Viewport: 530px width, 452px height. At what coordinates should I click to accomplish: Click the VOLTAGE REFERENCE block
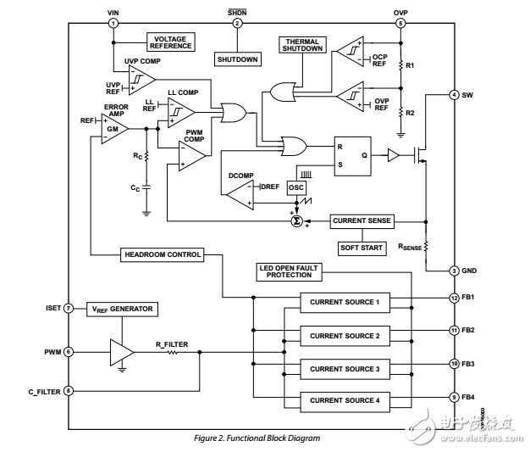[x=171, y=42]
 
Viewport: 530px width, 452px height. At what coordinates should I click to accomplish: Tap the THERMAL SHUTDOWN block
[x=302, y=46]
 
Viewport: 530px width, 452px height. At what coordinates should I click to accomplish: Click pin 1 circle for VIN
[x=113, y=23]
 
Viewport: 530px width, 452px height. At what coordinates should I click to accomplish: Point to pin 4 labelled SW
[x=455, y=95]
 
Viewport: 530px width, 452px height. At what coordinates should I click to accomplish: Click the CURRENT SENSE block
[x=362, y=220]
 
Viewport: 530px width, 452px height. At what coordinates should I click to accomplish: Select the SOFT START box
[x=362, y=247]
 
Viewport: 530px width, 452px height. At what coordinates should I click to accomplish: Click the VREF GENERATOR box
[x=123, y=309]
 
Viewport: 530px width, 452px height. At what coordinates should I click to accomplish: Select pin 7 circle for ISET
[x=67, y=309]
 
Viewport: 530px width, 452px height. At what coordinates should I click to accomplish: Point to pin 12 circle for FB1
[x=454, y=298]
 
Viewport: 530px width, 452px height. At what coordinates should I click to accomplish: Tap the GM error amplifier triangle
[x=113, y=128]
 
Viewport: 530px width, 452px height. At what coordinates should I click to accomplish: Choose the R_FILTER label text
[x=171, y=343]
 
